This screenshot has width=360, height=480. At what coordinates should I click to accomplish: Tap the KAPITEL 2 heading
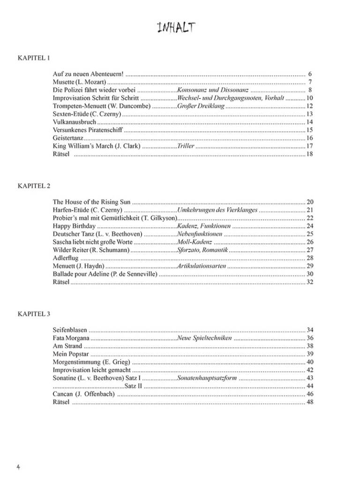34,186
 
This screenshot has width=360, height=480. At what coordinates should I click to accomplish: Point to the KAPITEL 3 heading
34,314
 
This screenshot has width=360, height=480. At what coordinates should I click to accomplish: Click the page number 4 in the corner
18,467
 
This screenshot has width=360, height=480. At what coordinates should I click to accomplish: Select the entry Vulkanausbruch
71,122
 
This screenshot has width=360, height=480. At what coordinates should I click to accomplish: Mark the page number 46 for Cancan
309,394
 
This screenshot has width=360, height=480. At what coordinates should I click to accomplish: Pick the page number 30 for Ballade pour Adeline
309,274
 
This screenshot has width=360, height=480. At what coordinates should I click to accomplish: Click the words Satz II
134,386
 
